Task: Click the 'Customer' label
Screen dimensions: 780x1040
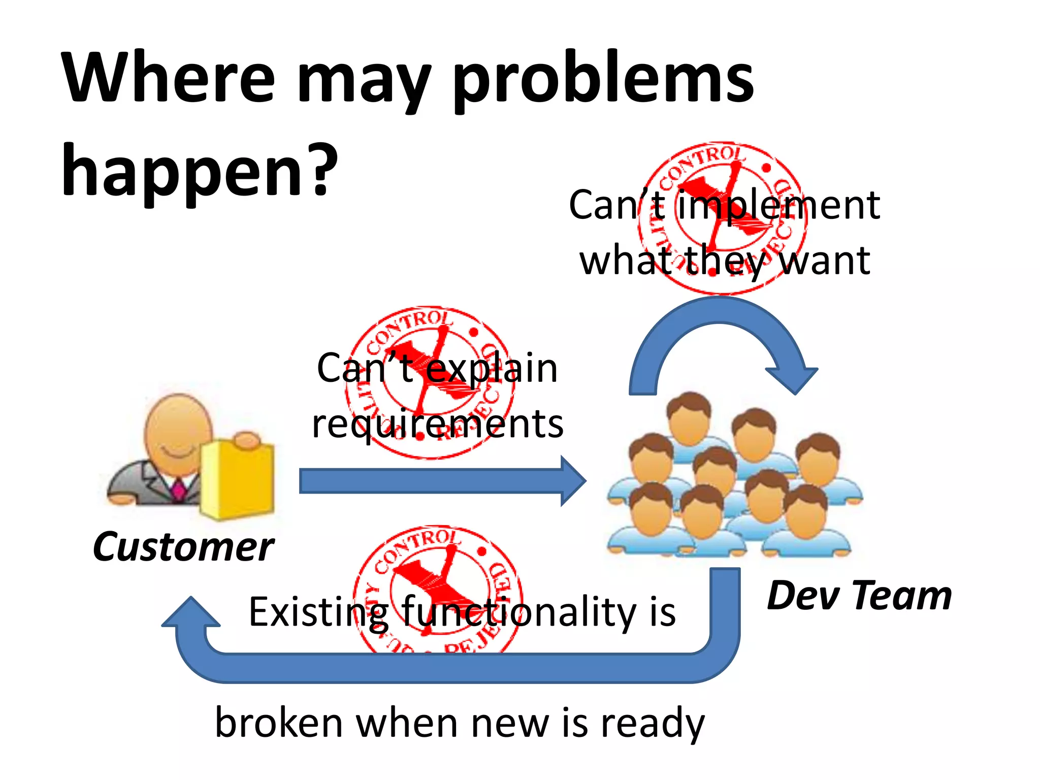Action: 183,547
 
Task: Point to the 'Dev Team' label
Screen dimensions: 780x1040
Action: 859,596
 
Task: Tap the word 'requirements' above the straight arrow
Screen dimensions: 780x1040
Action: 437,425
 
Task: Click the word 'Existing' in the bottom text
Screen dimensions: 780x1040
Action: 318,612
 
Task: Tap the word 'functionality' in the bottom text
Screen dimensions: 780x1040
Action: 513,612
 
